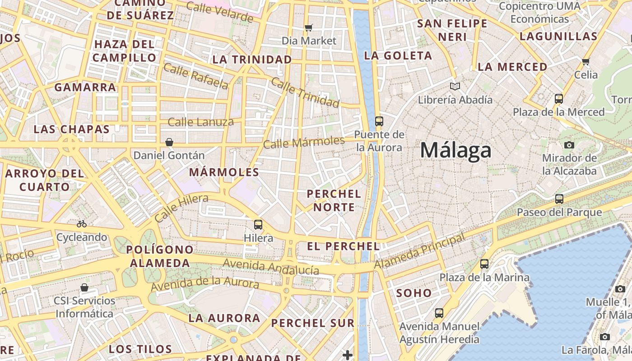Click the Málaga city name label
tap(455, 150)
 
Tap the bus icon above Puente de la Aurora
tap(379, 121)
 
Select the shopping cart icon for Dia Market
tap(309, 28)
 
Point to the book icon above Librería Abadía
tap(455, 86)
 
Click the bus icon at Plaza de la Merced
tap(558, 98)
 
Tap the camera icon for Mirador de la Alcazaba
tap(569, 145)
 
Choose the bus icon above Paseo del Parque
tap(559, 199)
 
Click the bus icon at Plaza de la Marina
tap(484, 264)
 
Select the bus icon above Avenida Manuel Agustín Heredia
tap(439, 313)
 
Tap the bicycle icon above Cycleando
tap(82, 224)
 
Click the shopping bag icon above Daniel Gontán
tap(169, 142)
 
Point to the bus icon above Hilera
tap(258, 224)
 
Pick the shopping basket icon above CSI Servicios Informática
tap(84, 287)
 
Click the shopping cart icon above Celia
tap(586, 61)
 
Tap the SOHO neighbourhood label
tap(414, 293)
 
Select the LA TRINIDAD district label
tap(252, 60)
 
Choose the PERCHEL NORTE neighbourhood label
tap(334, 200)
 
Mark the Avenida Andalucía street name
tap(271, 267)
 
